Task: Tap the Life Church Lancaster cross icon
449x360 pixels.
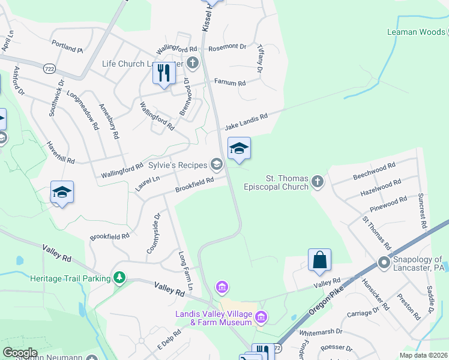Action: pyautogui.click(x=192, y=62)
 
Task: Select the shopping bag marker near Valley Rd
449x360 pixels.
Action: pyautogui.click(x=320, y=260)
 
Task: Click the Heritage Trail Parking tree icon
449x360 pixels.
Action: pyautogui.click(x=120, y=278)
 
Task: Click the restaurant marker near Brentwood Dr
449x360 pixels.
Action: pyautogui.click(x=163, y=73)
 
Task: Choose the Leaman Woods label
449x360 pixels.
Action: pyautogui.click(x=416, y=32)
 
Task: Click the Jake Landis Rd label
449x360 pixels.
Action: pyautogui.click(x=246, y=123)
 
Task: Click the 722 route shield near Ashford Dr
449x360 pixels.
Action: pyautogui.click(x=49, y=70)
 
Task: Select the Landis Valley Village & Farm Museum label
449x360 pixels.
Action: pyautogui.click(x=213, y=318)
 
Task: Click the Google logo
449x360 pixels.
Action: pyautogui.click(x=20, y=353)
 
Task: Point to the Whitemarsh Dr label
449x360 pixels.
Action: pyautogui.click(x=321, y=331)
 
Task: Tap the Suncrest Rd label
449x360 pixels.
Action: pyautogui.click(x=422, y=211)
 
